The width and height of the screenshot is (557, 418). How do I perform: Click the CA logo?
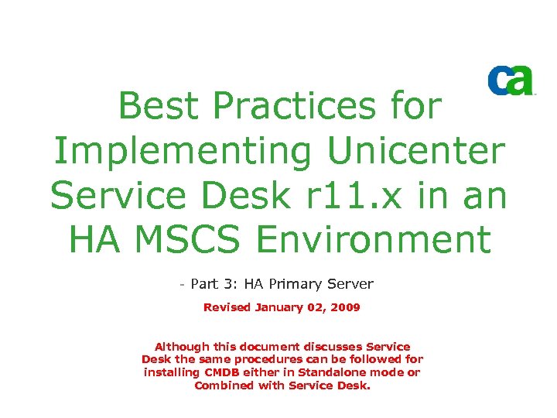[x=511, y=81]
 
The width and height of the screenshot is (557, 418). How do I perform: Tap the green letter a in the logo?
[x=522, y=81]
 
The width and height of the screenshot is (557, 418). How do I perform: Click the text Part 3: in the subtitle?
[x=211, y=285]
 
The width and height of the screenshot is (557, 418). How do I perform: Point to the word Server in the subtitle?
[x=352, y=285]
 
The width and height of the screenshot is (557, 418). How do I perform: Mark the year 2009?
[x=343, y=307]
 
